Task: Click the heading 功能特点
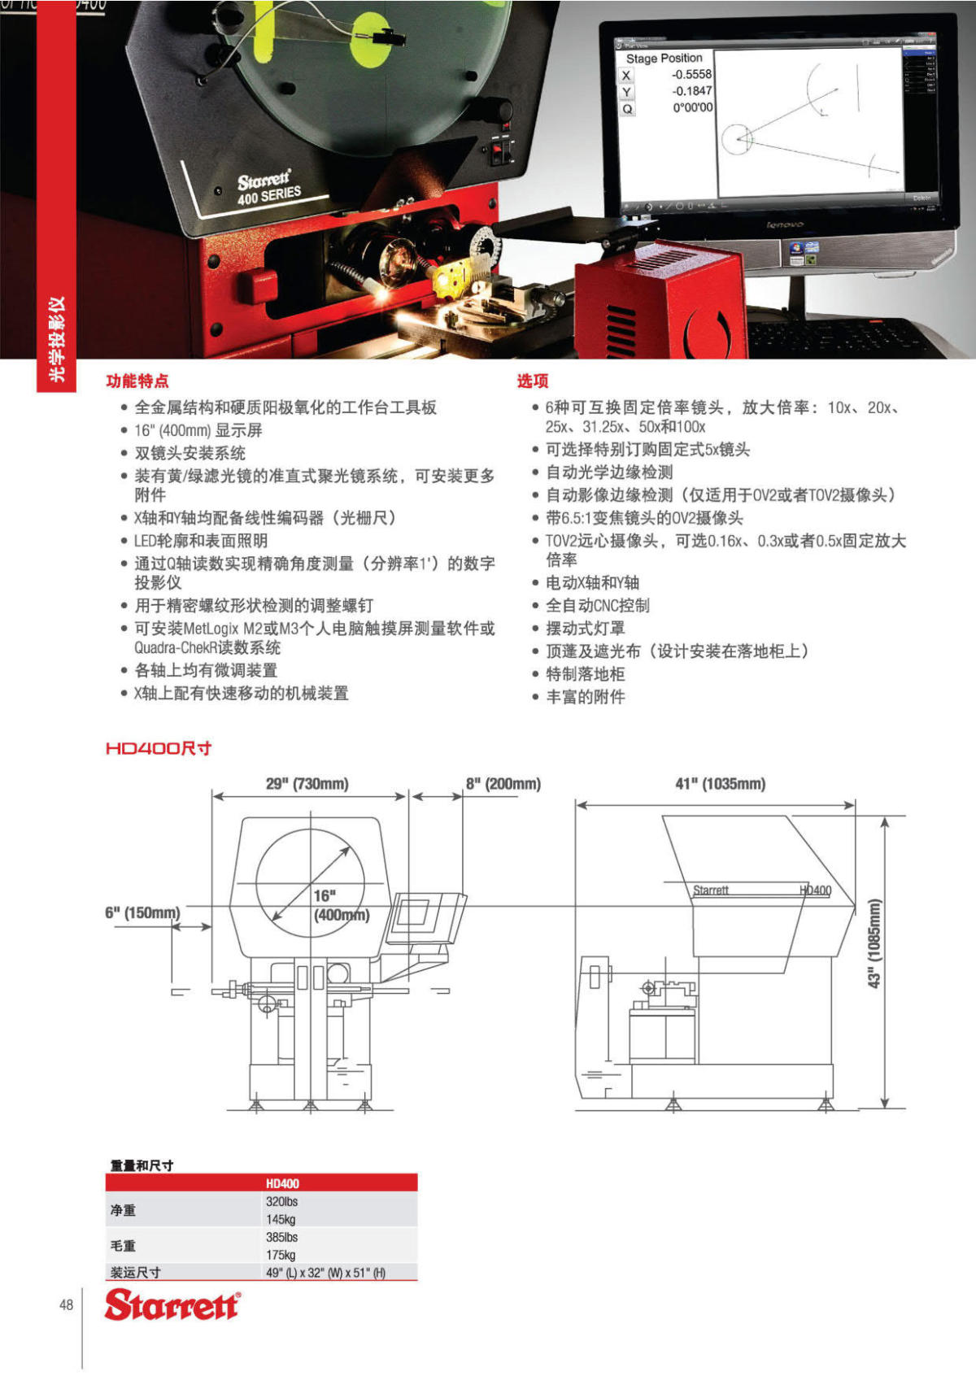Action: click(137, 381)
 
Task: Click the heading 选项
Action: click(533, 381)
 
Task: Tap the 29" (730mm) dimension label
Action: click(307, 784)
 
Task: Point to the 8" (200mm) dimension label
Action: click(503, 784)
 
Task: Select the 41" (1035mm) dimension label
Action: click(720, 784)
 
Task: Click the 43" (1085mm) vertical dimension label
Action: click(874, 943)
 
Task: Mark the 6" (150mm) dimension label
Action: click(142, 912)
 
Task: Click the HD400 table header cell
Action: click(282, 1183)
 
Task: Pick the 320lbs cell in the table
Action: click(281, 1201)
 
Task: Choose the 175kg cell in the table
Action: click(281, 1255)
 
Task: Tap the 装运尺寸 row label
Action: click(135, 1273)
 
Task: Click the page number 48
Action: click(66, 1304)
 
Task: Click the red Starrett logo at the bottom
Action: click(172, 1304)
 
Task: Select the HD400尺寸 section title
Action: click(159, 748)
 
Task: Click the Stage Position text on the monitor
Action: click(664, 59)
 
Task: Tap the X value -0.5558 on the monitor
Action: click(691, 74)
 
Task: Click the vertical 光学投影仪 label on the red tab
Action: click(57, 339)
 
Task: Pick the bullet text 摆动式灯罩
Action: click(585, 628)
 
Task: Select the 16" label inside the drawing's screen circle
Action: click(325, 895)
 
